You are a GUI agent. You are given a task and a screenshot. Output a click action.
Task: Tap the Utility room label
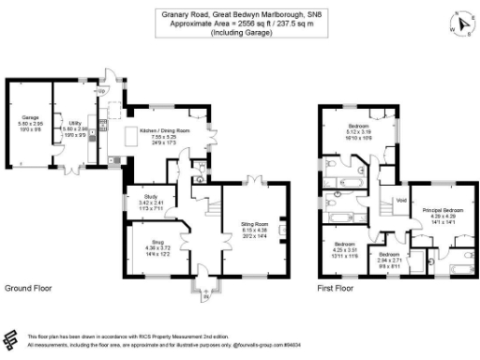[x=75, y=122]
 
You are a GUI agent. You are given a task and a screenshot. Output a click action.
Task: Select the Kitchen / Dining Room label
[x=164, y=129]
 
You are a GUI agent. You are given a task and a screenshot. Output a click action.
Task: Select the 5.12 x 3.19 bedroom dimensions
[x=359, y=131]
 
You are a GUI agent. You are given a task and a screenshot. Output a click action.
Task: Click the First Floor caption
[x=338, y=288]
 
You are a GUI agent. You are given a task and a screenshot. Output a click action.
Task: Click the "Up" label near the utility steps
[x=100, y=92]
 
